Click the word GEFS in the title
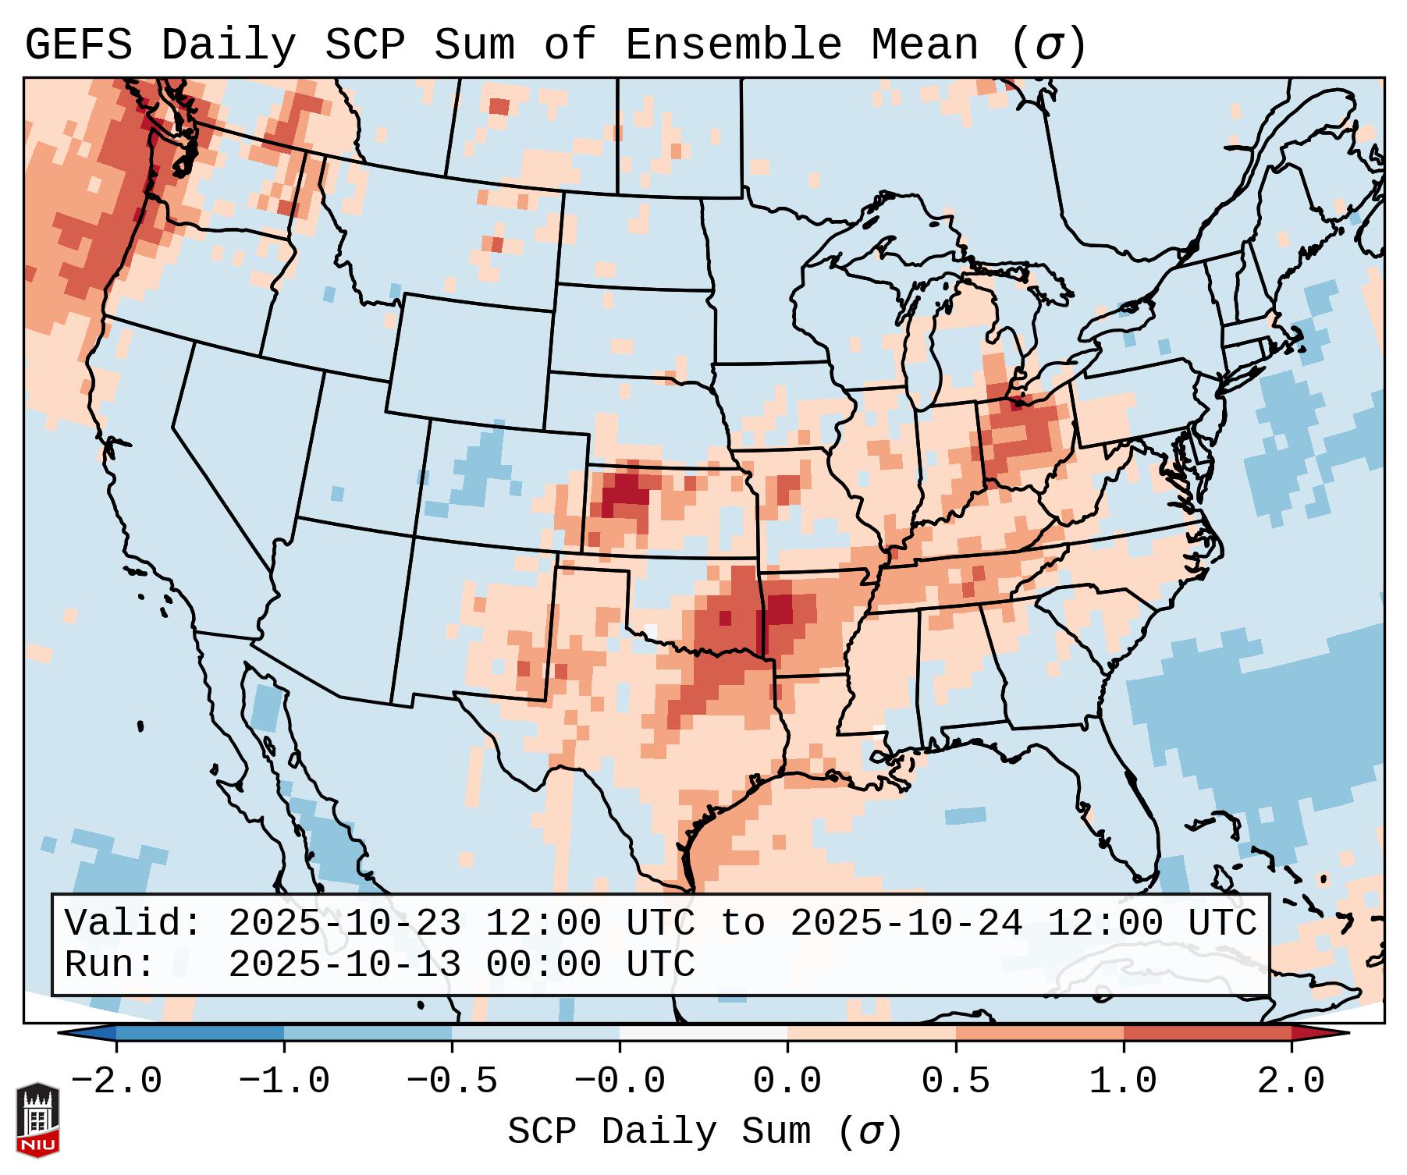click(x=78, y=44)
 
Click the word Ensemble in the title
click(x=734, y=44)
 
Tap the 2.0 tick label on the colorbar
click(x=1292, y=1081)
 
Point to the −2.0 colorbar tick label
click(x=116, y=1081)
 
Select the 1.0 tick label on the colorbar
click(x=1123, y=1081)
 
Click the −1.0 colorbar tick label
click(x=284, y=1081)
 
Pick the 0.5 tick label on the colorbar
click(x=956, y=1081)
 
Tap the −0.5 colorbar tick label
click(x=452, y=1081)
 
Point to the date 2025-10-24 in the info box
click(x=905, y=923)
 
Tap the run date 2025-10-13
click(x=345, y=964)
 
